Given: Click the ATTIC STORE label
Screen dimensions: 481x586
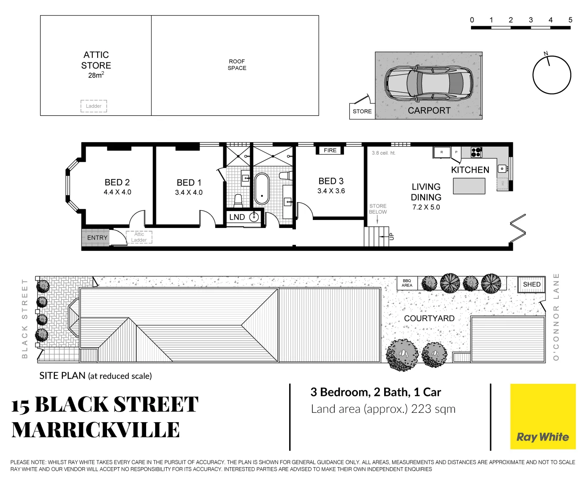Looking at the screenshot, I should click(96, 60).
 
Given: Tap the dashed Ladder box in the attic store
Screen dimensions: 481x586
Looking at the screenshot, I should click(94, 106).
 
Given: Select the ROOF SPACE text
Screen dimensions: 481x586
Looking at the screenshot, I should click(237, 65).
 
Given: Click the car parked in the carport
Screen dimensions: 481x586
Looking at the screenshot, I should click(428, 83).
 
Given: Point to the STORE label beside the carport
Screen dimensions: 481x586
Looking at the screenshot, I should click(362, 111).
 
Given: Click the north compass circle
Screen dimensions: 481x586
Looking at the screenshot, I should click(552, 75).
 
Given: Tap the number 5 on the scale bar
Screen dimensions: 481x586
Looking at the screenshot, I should click(570, 20).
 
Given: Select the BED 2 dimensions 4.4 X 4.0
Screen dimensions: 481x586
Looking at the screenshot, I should click(117, 192).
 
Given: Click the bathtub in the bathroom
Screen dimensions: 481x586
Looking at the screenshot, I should click(262, 188).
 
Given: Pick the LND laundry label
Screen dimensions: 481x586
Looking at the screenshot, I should click(237, 217).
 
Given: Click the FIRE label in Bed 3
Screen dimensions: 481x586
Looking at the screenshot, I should click(330, 151).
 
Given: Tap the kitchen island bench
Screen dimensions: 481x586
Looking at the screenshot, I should click(469, 186).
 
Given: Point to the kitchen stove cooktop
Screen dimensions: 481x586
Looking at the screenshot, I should click(476, 152).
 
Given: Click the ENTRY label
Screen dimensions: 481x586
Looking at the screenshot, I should click(97, 238).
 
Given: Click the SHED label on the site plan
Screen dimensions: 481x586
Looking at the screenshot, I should click(532, 285).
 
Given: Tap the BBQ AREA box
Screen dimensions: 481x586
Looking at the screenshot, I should click(407, 283).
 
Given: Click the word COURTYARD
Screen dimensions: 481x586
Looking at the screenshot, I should click(429, 318).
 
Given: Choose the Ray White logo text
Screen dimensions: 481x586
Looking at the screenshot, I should click(542, 437).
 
